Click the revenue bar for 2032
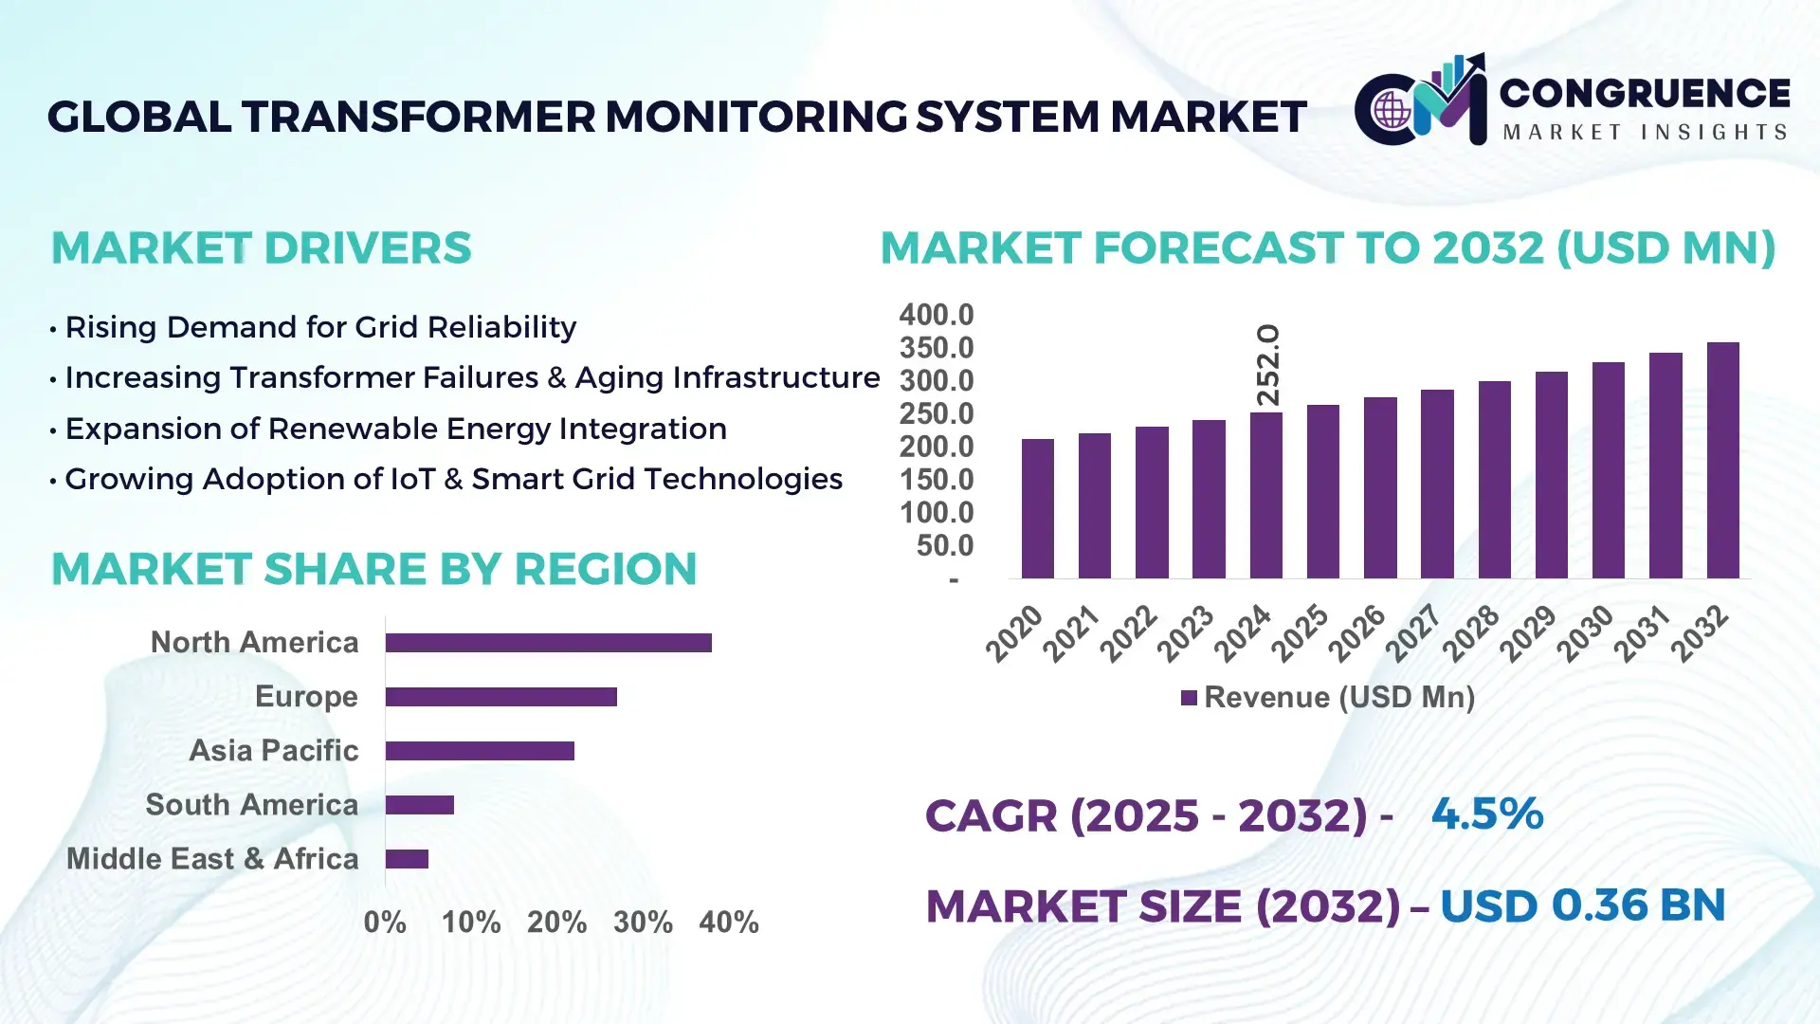coord(1722,461)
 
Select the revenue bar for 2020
coord(1037,509)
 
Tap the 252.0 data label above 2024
coord(1267,365)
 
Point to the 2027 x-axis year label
coord(1413,632)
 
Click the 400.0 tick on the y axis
coord(936,315)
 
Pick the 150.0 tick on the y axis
coord(936,480)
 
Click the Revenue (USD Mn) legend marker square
coord(1189,699)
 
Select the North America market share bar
coord(548,643)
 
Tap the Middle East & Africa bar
coord(407,859)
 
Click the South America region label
coord(251,805)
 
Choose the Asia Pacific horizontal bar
coord(480,751)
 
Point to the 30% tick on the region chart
coord(643,923)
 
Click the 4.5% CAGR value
coord(1486,814)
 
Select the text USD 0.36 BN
coord(1582,905)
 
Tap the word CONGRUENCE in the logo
coord(1644,93)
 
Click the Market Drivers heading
coord(261,248)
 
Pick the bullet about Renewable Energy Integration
coord(395,429)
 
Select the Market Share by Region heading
coord(373,569)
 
